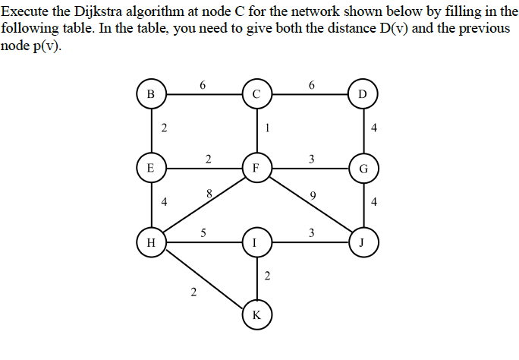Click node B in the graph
[150, 95]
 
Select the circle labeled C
[257, 95]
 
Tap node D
[361, 95]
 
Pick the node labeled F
[257, 168]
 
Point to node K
[257, 315]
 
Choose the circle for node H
[150, 243]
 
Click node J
[361, 243]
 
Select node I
[257, 243]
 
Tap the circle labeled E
[150, 168]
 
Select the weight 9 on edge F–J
[313, 196]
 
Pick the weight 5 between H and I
[203, 233]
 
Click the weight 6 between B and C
[203, 85]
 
